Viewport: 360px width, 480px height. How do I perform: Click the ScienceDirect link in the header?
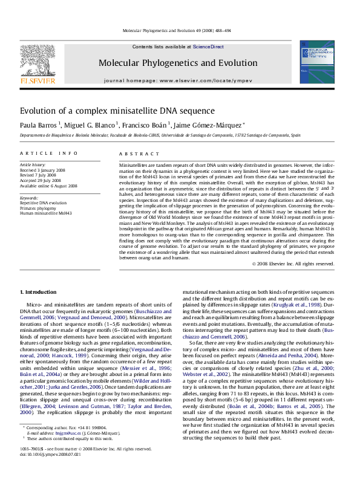(208, 47)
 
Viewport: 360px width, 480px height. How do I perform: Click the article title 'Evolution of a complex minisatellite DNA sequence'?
(109, 111)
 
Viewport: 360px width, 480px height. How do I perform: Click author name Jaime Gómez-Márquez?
(200, 125)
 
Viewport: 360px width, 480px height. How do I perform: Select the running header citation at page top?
(180, 30)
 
